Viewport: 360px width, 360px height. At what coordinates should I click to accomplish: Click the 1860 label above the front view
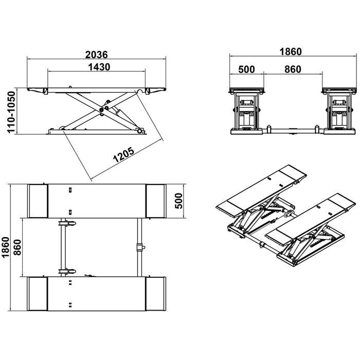(x=290, y=51)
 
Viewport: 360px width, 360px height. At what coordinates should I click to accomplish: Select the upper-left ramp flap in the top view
(x=38, y=200)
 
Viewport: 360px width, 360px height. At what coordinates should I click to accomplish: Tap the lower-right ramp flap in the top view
(x=156, y=293)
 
